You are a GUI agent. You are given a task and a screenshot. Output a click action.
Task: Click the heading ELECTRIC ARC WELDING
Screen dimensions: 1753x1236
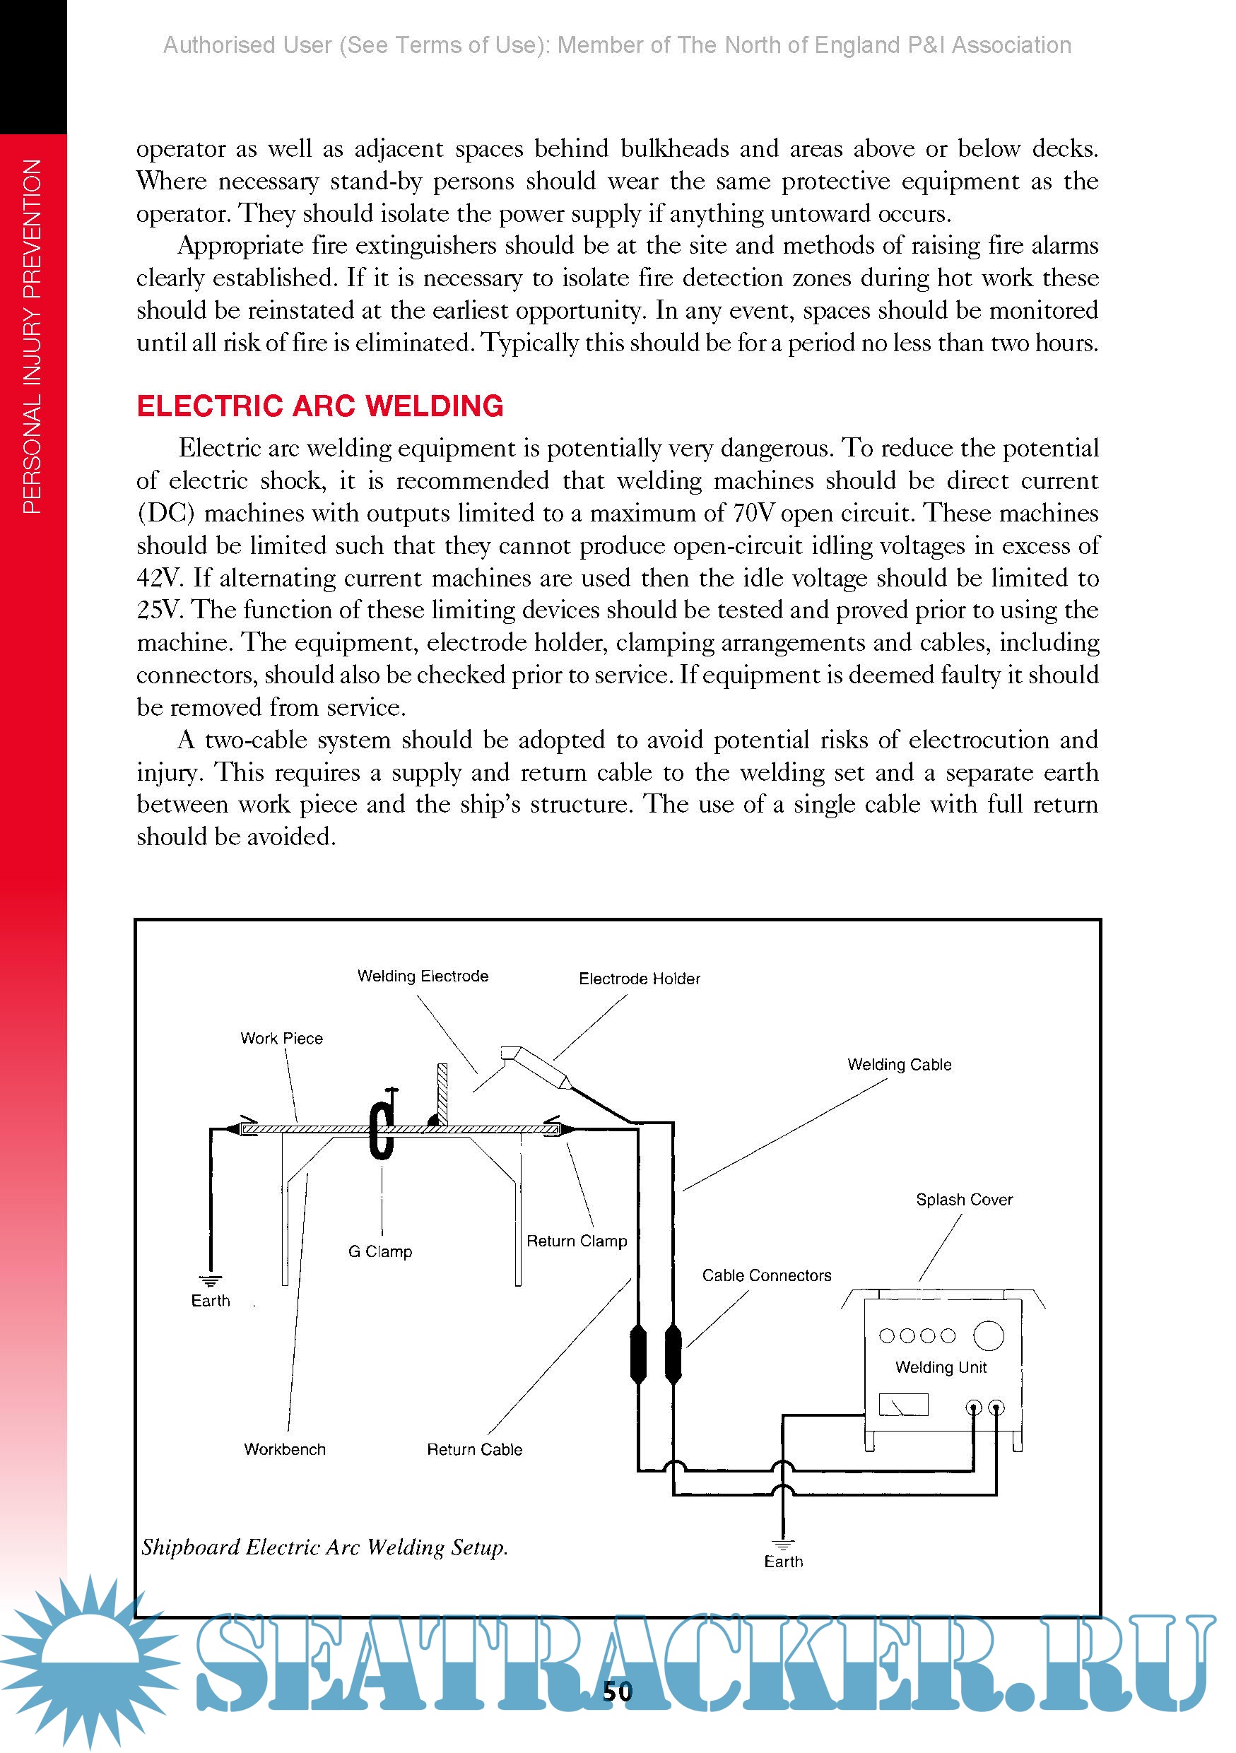click(320, 406)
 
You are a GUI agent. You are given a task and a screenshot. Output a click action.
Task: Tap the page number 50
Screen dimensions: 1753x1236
click(617, 1692)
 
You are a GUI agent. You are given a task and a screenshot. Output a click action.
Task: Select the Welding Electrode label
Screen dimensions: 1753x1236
click(423, 976)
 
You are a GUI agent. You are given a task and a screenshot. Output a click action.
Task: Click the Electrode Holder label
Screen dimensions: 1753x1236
click(639, 979)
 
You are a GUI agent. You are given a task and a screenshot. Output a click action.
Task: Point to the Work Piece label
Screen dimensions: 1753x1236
click(282, 1039)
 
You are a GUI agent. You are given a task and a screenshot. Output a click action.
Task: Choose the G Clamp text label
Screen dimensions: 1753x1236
click(380, 1251)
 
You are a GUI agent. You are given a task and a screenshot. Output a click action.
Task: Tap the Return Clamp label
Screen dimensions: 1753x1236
click(577, 1241)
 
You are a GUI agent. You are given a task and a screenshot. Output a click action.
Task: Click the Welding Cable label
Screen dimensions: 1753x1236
click(900, 1064)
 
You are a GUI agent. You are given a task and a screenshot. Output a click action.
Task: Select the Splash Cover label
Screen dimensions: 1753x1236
click(964, 1200)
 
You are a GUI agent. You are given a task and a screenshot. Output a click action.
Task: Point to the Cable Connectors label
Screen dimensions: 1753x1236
click(767, 1275)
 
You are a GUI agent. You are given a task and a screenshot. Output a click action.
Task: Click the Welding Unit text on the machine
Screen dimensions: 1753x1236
click(941, 1367)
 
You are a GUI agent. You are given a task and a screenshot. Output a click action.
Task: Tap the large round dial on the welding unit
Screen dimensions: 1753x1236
click(989, 1335)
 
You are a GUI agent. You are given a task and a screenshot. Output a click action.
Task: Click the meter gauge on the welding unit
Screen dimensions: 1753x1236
click(903, 1404)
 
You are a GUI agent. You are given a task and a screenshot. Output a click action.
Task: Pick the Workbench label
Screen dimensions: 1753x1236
click(285, 1449)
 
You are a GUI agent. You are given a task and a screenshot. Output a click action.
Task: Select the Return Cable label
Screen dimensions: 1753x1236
click(474, 1449)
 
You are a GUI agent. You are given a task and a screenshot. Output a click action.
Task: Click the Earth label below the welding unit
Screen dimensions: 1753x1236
click(783, 1562)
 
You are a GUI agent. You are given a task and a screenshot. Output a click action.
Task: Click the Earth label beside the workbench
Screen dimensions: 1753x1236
click(210, 1300)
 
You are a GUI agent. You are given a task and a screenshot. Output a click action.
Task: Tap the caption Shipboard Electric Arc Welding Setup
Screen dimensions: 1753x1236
click(324, 1547)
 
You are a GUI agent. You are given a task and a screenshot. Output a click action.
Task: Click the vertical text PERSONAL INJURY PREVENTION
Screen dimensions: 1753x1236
click(32, 336)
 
